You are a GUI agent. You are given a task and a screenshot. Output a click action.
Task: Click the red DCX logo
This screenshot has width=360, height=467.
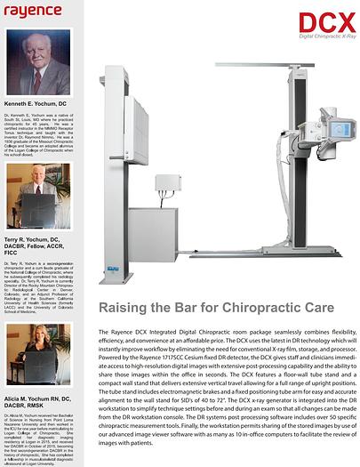[326, 22]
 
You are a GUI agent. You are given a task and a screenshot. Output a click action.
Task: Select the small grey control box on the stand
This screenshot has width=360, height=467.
[168, 183]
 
